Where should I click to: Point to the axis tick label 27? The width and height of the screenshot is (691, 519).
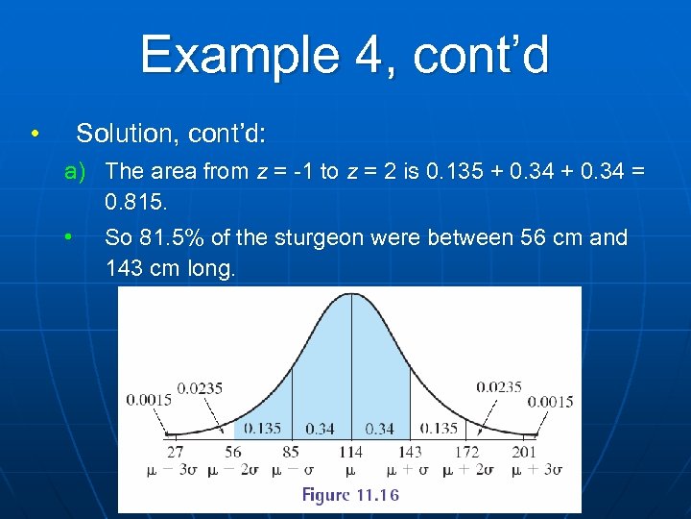coord(176,451)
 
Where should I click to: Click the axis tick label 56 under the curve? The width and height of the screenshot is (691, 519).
coord(233,451)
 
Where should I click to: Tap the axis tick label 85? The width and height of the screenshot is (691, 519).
coord(291,451)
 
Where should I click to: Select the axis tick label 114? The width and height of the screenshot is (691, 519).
coord(350,451)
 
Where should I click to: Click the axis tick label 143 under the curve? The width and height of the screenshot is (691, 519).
coord(410,451)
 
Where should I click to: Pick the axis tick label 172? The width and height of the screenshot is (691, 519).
coord(466,451)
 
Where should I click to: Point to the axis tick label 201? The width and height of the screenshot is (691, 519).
coord(525,451)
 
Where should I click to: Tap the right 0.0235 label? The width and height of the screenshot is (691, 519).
coord(499,387)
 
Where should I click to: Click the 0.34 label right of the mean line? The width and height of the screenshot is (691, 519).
coord(380,429)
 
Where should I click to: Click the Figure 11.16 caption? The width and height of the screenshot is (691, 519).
coord(350,495)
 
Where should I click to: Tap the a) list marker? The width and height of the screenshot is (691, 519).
coord(75,171)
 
